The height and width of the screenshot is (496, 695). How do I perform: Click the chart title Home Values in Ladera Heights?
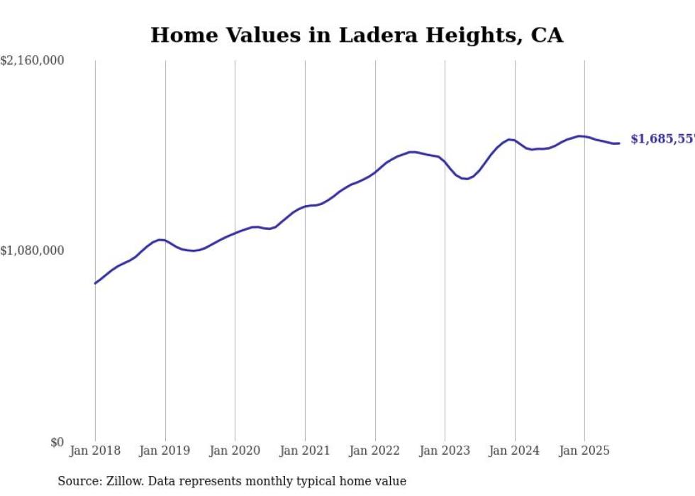357,35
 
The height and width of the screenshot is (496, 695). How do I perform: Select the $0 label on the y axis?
57,442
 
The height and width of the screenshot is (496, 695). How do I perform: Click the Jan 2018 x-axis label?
95,451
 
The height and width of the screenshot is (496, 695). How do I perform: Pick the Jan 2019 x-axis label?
165,451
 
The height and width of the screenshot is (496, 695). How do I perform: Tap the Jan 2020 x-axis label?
235,451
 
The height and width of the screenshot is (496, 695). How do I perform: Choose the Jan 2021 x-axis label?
305,451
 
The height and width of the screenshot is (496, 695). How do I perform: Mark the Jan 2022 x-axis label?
375,451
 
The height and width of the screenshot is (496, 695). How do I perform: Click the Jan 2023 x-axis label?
445,451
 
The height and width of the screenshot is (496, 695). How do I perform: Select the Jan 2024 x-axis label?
515,451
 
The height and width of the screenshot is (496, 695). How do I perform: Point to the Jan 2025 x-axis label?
584,451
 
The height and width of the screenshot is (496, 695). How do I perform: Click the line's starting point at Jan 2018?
95,283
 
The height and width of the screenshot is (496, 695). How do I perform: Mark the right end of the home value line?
619,143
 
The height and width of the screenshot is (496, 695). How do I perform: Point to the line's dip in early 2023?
465,179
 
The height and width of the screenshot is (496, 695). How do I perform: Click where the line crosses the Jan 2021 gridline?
305,206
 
